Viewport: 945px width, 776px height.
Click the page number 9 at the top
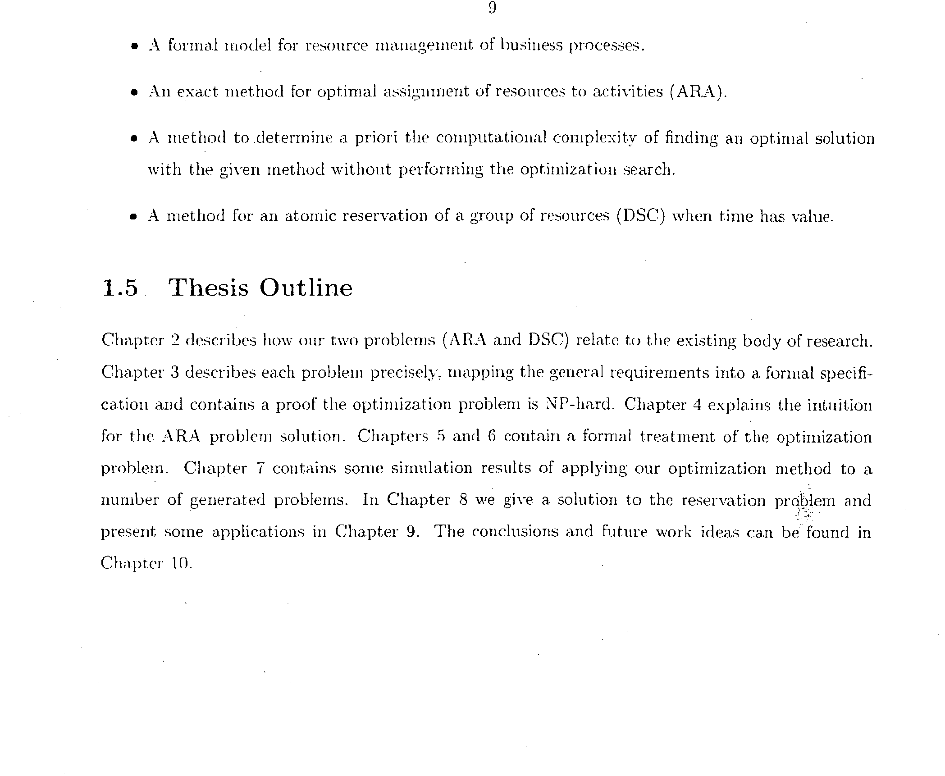492,9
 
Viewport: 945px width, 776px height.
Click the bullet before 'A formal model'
133,46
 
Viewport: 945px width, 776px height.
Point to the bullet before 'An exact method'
133,93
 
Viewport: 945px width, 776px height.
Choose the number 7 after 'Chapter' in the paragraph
260,469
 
